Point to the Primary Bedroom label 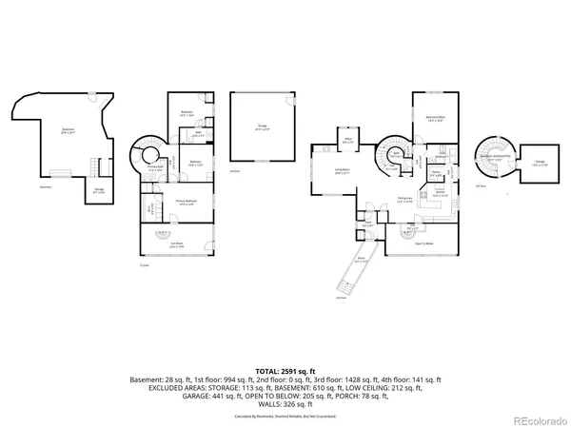[187, 202]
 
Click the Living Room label [342, 172]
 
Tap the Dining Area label [404, 199]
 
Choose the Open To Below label [424, 243]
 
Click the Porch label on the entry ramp [362, 260]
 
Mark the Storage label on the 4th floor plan [540, 164]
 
